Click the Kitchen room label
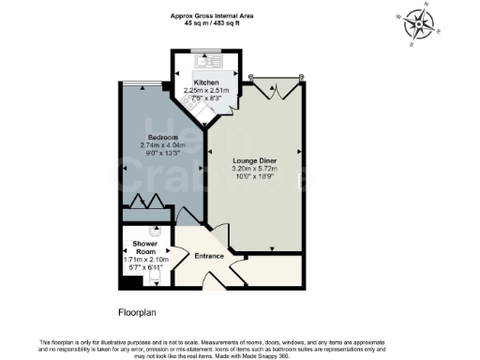tap(205, 83)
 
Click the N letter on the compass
tap(427, 7)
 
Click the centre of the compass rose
tap(417, 24)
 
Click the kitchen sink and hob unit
tap(205, 61)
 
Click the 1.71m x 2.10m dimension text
tap(138, 261)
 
